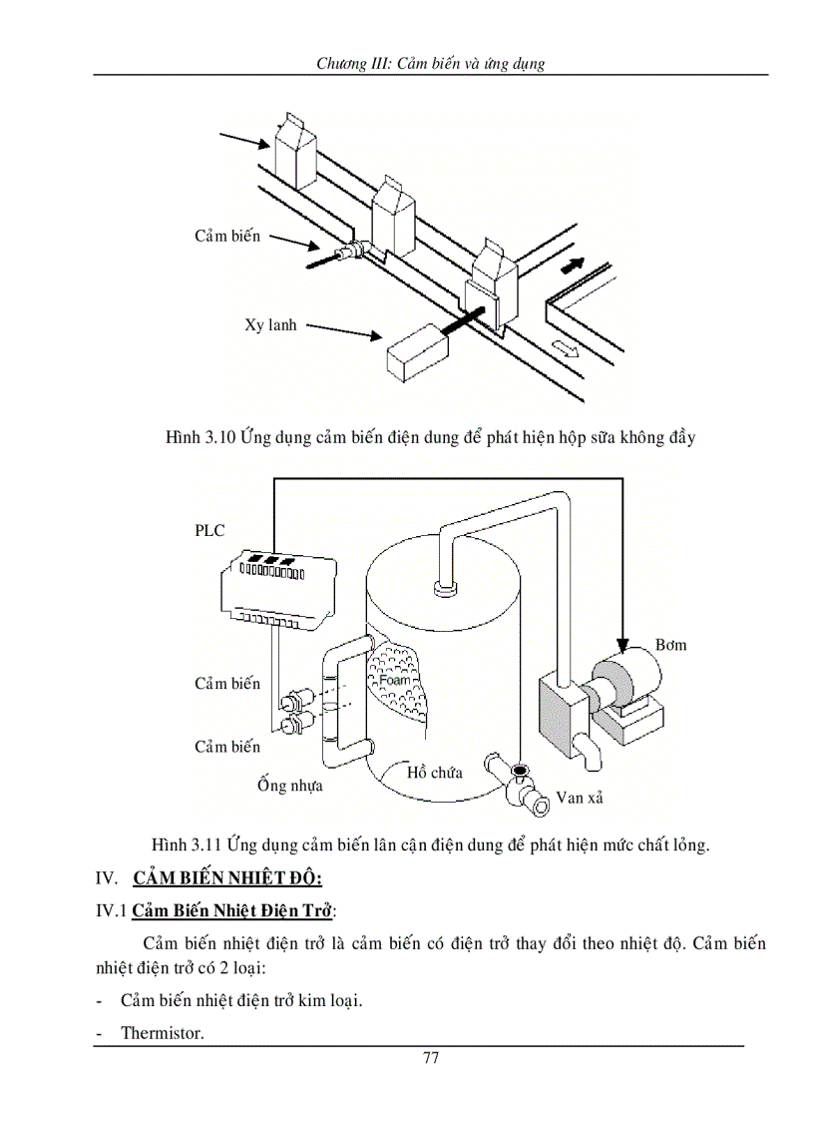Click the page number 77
point(431,1059)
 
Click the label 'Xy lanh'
point(270,325)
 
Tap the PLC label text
point(209,531)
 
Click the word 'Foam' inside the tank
point(395,680)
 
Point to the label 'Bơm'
point(670,645)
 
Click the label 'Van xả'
point(580,798)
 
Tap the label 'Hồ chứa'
point(434,772)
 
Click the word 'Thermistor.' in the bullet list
point(163,1033)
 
